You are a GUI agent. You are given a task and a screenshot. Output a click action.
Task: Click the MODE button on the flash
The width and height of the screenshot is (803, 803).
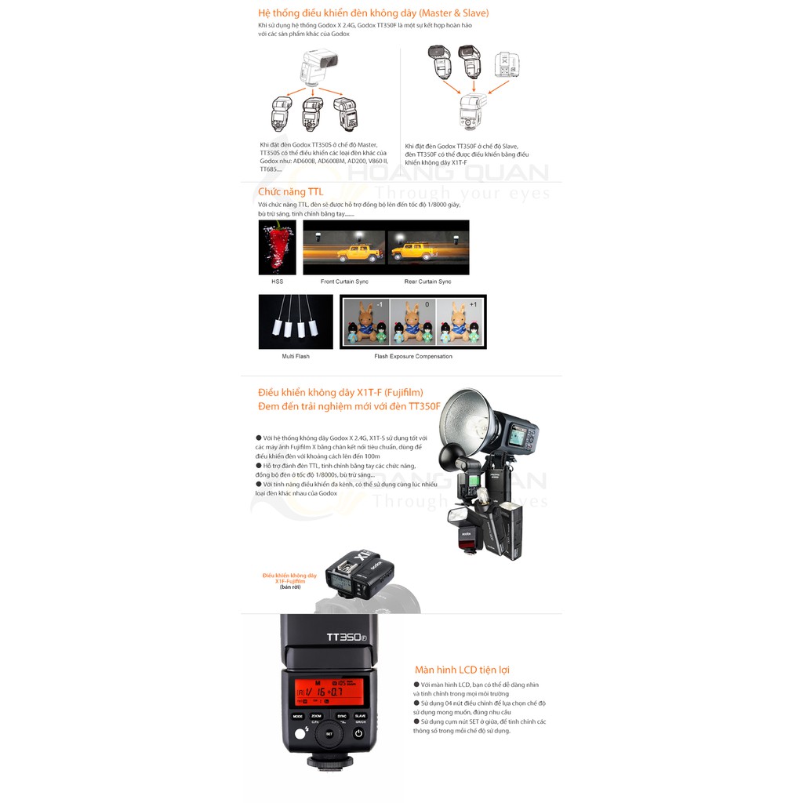point(298,716)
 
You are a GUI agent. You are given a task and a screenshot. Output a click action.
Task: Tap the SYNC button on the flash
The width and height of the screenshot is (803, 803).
point(342,716)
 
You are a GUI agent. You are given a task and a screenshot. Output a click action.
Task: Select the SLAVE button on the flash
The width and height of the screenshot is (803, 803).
point(361,716)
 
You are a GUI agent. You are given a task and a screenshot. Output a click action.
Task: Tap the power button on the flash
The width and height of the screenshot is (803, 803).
point(358,735)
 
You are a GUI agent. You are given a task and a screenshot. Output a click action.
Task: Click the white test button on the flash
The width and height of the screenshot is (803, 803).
point(300,736)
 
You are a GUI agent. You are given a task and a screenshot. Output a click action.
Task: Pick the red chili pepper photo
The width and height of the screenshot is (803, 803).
point(277,247)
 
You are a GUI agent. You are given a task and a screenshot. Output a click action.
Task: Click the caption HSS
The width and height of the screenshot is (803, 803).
point(277,282)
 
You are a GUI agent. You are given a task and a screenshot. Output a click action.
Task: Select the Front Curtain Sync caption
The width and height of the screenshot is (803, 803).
point(344,282)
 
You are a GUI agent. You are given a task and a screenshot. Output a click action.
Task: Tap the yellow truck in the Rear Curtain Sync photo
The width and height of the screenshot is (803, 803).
point(412,252)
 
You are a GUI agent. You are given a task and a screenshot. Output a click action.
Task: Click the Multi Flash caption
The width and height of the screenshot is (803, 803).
point(296,356)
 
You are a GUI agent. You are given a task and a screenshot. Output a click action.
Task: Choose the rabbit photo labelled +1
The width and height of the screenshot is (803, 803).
point(460,322)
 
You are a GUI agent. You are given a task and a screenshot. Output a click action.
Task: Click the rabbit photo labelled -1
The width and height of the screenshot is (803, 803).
point(365,322)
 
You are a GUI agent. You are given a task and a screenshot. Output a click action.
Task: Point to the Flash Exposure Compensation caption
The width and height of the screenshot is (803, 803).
point(413,356)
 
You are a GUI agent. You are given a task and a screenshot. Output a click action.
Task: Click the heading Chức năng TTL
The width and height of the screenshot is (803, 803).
point(290,191)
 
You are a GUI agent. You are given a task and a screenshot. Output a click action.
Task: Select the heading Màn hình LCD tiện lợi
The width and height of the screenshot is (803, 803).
point(462,670)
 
